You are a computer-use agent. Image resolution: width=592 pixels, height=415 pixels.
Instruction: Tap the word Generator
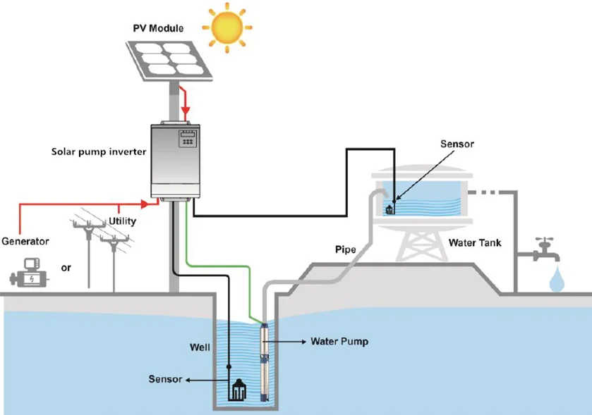[25, 241]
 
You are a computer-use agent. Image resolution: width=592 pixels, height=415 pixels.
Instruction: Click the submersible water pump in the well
[265, 361]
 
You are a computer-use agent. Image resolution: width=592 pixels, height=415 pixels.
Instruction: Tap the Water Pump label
[339, 342]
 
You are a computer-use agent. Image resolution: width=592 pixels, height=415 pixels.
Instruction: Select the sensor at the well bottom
[238, 389]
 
